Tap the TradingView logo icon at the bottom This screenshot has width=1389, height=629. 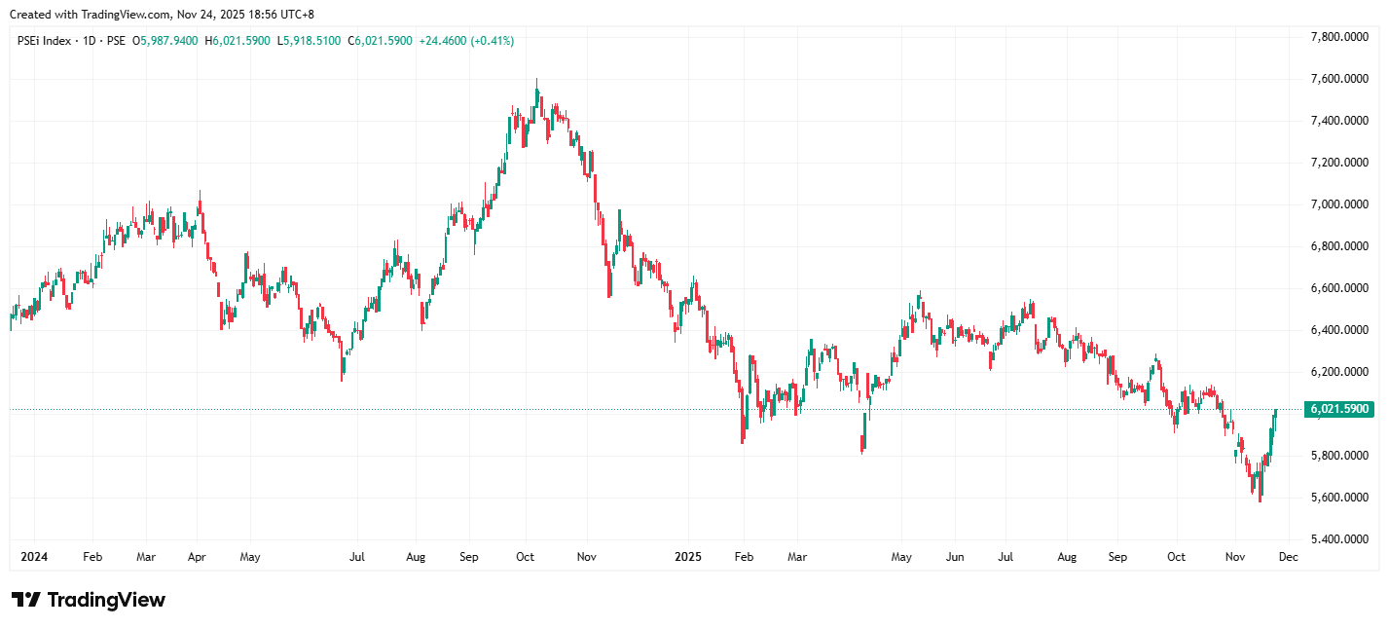click(x=25, y=600)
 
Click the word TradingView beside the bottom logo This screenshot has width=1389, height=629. click(x=106, y=600)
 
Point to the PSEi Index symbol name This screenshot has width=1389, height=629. click(x=44, y=41)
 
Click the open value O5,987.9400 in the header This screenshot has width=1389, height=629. click(x=165, y=41)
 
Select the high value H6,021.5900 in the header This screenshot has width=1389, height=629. click(x=238, y=41)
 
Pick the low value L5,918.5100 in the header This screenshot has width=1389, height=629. click(x=310, y=41)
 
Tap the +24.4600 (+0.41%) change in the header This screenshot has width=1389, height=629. click(x=466, y=41)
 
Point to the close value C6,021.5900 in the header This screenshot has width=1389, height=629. click(x=381, y=41)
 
